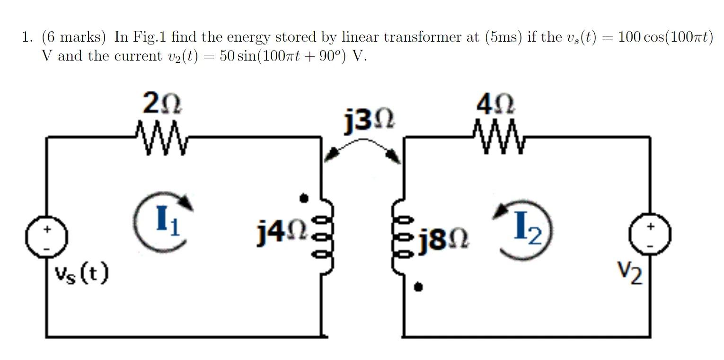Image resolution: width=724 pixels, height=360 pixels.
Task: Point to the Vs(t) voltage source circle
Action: [47, 236]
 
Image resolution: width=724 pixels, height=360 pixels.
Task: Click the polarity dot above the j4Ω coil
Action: [305, 198]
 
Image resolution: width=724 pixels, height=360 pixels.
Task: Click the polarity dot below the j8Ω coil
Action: [418, 287]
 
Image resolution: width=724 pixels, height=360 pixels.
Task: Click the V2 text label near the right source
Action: [630, 273]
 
